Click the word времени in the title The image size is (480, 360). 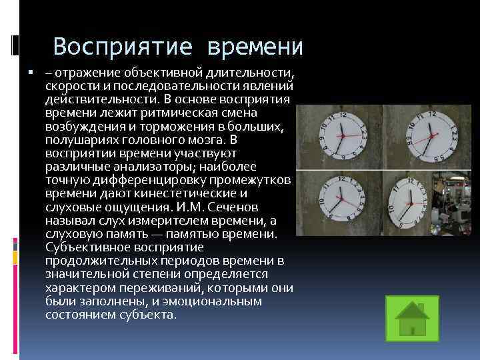point(256,47)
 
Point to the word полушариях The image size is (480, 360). point(78,140)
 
